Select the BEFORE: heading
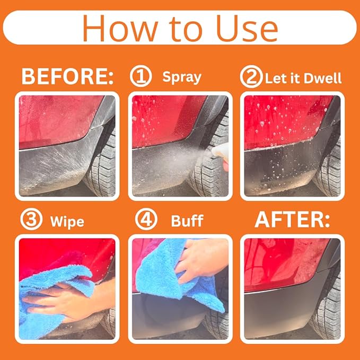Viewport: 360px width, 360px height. point(67,77)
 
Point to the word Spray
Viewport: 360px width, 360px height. point(182,77)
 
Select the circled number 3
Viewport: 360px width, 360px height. point(30,220)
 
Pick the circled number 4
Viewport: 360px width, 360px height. point(145,220)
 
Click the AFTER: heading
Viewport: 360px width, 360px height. point(293,220)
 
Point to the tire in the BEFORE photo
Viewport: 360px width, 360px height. point(101,164)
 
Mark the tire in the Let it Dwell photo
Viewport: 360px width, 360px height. point(329,164)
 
